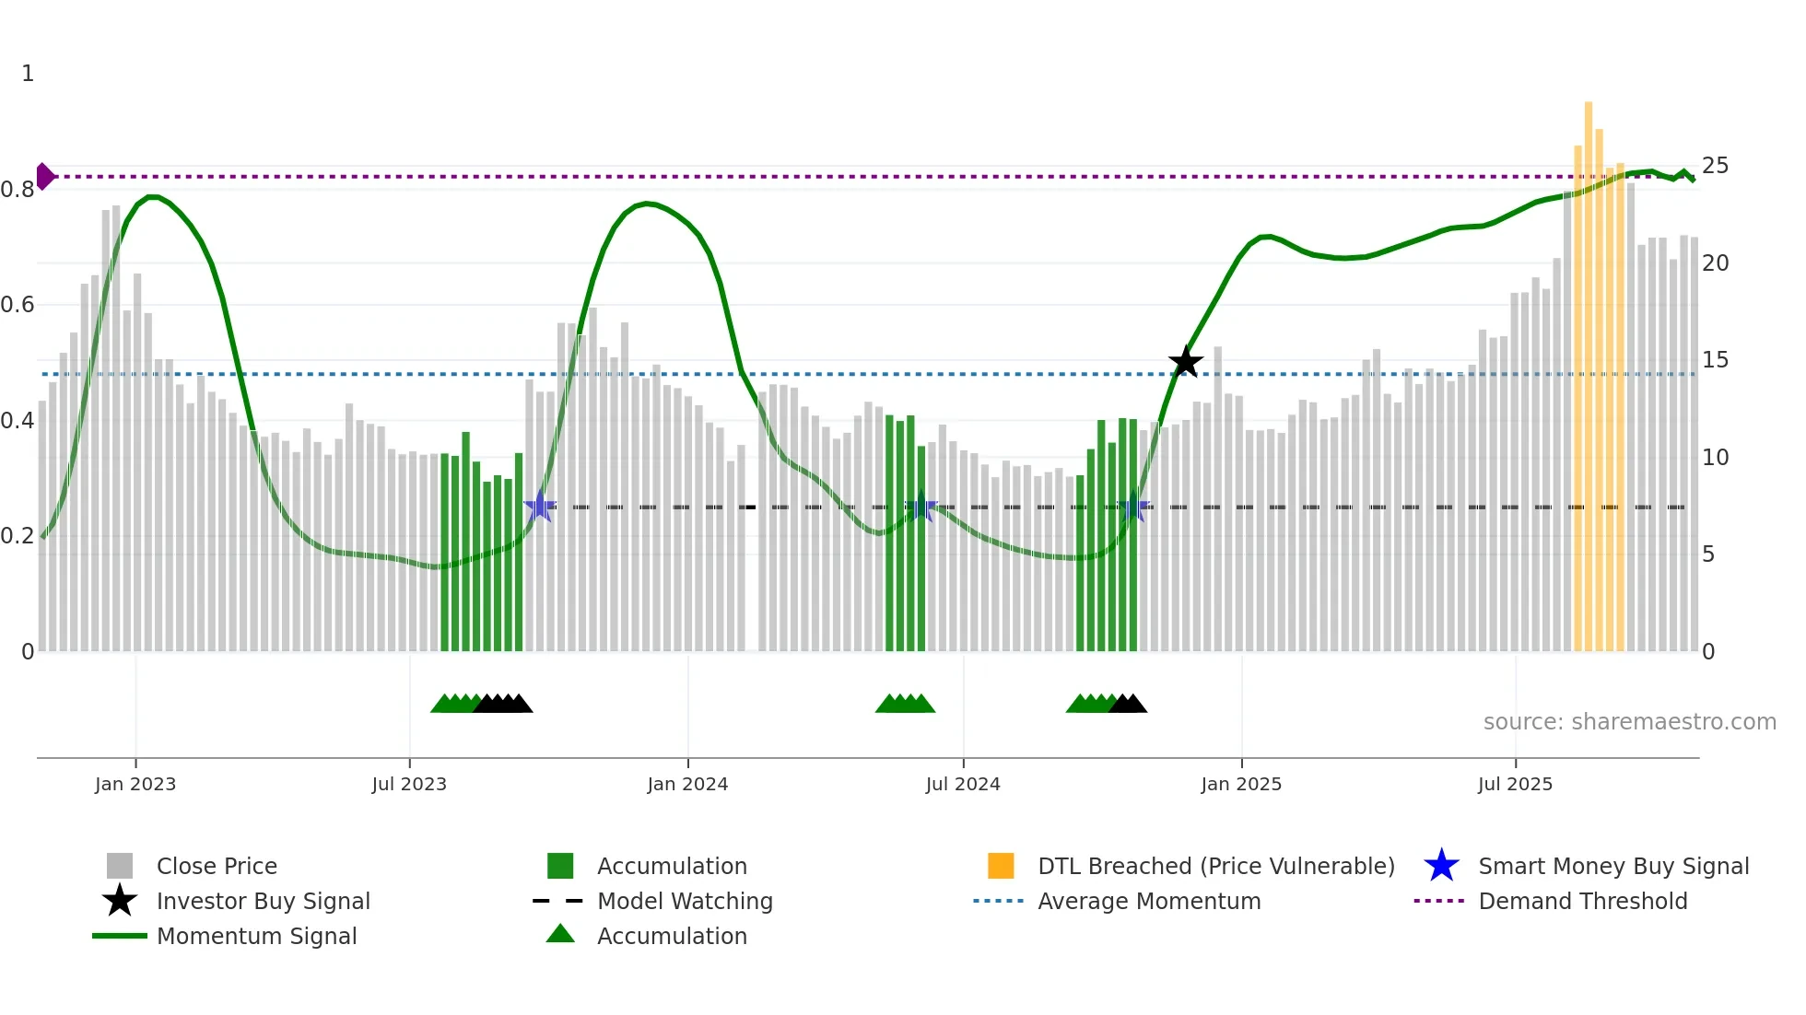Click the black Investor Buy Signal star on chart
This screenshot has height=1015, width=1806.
[x=1185, y=362]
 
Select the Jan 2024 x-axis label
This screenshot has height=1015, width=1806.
[x=687, y=784]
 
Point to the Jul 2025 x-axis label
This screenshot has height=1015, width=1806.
[x=1515, y=784]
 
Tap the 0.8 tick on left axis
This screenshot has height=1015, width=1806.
[x=18, y=190]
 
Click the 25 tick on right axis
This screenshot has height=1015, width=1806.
[x=1715, y=166]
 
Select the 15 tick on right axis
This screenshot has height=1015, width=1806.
[x=1715, y=360]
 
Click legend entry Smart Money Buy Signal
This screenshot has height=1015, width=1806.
[x=1612, y=866]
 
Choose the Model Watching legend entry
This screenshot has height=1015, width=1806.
[x=684, y=901]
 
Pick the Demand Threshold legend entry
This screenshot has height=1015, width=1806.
[x=1582, y=901]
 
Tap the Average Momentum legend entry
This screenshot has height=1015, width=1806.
[x=1148, y=901]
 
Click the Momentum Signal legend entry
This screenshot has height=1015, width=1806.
[x=256, y=936]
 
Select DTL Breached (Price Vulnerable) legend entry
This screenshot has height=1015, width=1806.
[x=1215, y=866]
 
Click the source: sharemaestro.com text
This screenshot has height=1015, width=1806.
[x=1629, y=721]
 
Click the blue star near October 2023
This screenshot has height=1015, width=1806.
[x=539, y=507]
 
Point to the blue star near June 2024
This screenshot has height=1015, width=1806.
[x=921, y=507]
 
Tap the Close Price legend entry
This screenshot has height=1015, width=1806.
[x=217, y=866]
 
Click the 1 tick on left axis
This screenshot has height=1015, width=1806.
[x=28, y=74]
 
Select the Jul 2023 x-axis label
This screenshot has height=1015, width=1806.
[x=409, y=784]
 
